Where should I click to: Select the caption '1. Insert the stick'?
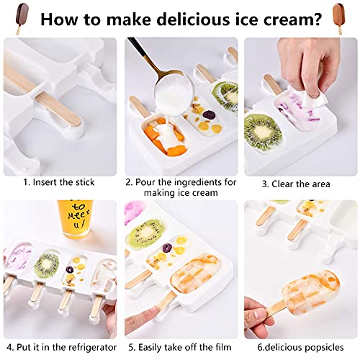pyautogui.click(x=61, y=184)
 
